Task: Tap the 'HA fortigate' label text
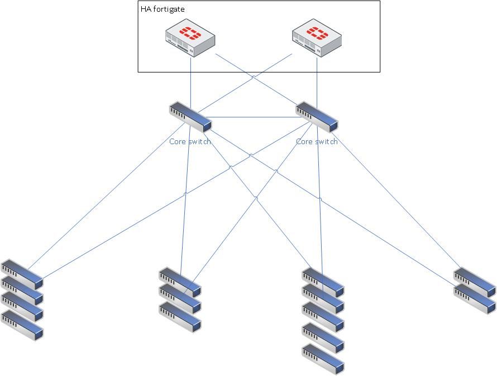click(x=163, y=9)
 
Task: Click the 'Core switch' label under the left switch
click(x=190, y=141)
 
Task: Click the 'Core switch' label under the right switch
click(x=317, y=141)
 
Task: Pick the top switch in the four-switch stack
click(x=22, y=272)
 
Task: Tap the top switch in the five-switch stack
click(x=323, y=280)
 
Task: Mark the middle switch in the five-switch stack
click(x=323, y=316)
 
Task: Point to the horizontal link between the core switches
click(x=254, y=117)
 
